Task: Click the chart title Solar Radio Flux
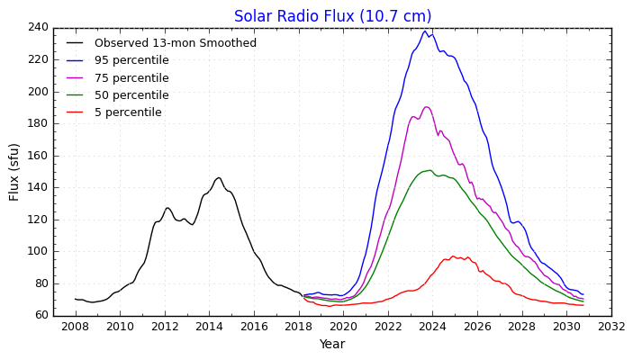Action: [332, 16]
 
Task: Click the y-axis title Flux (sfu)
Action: [14, 171]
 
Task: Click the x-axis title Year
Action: [332, 344]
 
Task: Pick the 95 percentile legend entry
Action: [131, 60]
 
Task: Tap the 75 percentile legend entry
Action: [131, 78]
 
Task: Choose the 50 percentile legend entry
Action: [131, 95]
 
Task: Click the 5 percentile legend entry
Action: [128, 112]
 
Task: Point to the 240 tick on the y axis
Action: [37, 28]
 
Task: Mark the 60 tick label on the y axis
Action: [41, 315]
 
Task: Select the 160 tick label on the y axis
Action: [37, 156]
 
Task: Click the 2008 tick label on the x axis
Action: [75, 326]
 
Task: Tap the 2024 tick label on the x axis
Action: [432, 326]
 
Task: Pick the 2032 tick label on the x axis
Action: [611, 326]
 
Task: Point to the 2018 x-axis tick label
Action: [298, 326]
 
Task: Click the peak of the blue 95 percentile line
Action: [425, 31]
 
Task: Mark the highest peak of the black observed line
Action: [218, 177]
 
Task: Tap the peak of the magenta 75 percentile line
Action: [427, 107]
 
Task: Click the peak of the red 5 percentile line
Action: [453, 256]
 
